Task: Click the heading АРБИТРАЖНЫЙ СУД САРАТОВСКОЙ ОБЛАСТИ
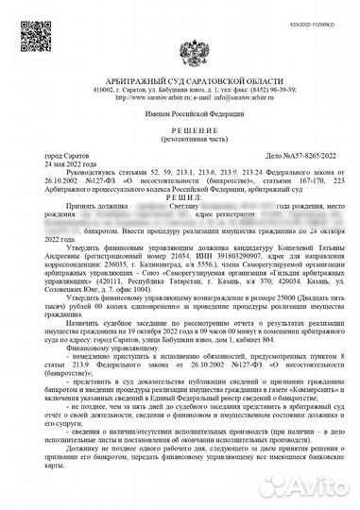pyautogui.click(x=180, y=62)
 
